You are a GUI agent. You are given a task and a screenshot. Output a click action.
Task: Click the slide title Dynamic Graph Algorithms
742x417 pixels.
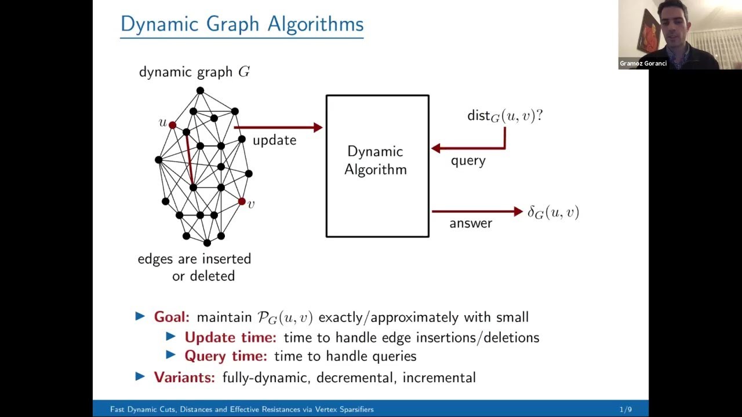(x=242, y=24)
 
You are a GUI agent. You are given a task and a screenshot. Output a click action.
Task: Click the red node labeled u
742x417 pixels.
(x=172, y=125)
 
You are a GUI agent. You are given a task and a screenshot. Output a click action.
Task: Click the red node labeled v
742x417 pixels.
(x=242, y=202)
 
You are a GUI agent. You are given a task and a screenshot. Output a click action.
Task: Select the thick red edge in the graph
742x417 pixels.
(x=190, y=160)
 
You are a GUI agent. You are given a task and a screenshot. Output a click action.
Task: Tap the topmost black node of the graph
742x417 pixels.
(x=200, y=90)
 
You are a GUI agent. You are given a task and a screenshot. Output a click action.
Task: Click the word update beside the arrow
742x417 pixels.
(x=274, y=140)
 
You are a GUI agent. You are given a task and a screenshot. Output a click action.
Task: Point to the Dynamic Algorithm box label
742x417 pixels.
(x=376, y=160)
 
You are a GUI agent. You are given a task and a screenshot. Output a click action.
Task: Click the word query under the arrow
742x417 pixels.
(x=468, y=160)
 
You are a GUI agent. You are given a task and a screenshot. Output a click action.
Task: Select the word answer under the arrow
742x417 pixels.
(x=470, y=223)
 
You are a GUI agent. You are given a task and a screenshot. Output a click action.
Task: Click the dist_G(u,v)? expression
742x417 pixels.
(x=504, y=116)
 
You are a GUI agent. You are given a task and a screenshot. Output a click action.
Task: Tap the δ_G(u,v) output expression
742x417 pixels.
(x=552, y=213)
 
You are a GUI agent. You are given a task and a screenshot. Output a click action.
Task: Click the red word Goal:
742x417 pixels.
(x=172, y=317)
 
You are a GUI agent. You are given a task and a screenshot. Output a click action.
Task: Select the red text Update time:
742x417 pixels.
(x=230, y=337)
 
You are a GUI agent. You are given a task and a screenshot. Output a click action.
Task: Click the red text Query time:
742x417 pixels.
(x=225, y=356)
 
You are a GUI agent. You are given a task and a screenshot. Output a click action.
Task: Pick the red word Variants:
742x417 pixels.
(x=184, y=378)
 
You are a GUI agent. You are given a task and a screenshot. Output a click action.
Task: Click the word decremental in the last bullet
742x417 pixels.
(x=356, y=378)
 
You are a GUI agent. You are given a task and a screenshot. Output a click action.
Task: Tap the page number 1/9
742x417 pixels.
(x=625, y=409)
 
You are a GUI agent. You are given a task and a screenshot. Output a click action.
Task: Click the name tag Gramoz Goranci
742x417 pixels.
(x=643, y=64)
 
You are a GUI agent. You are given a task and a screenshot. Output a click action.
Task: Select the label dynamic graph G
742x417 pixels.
(x=194, y=72)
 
